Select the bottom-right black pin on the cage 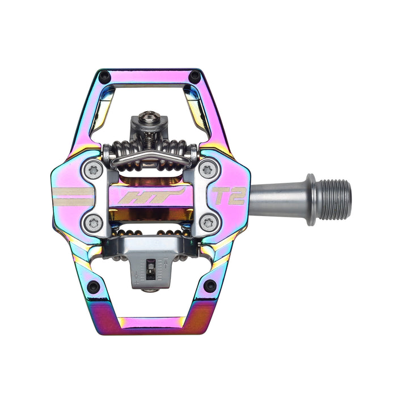click(210, 285)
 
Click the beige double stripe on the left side click(72, 196)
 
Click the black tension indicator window click(151, 267)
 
